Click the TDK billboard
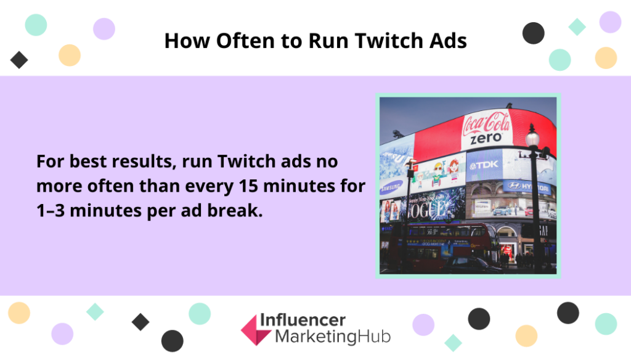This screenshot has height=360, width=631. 483,165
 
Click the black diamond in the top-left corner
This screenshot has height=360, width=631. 19,60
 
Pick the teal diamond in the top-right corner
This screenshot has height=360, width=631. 577,27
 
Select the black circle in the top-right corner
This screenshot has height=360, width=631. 534,33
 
